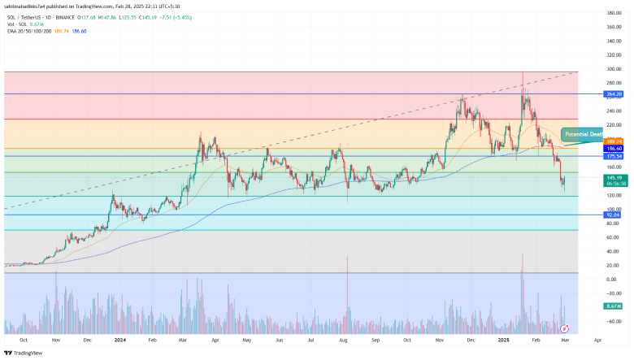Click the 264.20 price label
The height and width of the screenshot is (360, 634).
pyautogui.click(x=614, y=94)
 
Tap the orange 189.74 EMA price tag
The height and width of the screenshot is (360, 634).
pyautogui.click(x=614, y=141)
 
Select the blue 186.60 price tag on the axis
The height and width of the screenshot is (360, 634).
pyautogui.click(x=614, y=149)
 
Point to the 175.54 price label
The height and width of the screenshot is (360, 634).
pyautogui.click(x=614, y=156)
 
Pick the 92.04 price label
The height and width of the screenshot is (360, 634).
pyautogui.click(x=614, y=215)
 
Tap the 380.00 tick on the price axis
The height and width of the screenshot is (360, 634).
pyautogui.click(x=614, y=13)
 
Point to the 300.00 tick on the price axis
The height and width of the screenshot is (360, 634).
pyautogui.click(x=614, y=69)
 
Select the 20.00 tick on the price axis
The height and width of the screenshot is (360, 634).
pyautogui.click(x=614, y=265)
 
